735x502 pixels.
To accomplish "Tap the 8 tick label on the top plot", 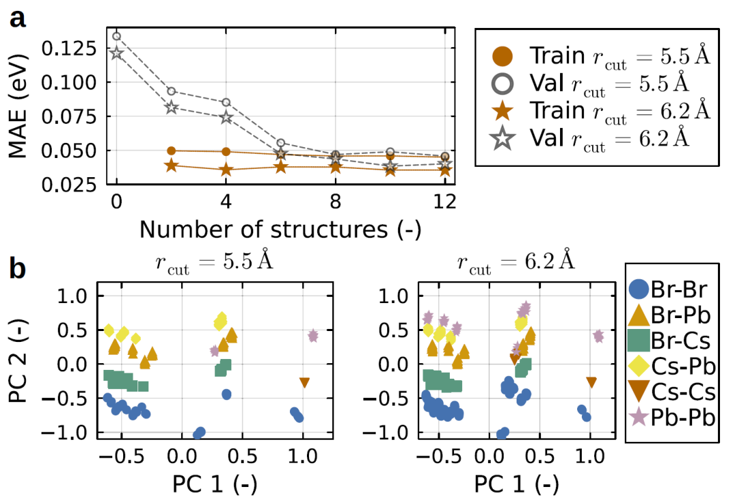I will click(336, 202).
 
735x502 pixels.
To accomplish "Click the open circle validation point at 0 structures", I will click(116, 36).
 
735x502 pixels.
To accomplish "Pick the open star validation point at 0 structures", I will click(116, 53).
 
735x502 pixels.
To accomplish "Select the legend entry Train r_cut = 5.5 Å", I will click(599, 56).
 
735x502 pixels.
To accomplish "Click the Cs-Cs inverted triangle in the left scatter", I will click(304, 383).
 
